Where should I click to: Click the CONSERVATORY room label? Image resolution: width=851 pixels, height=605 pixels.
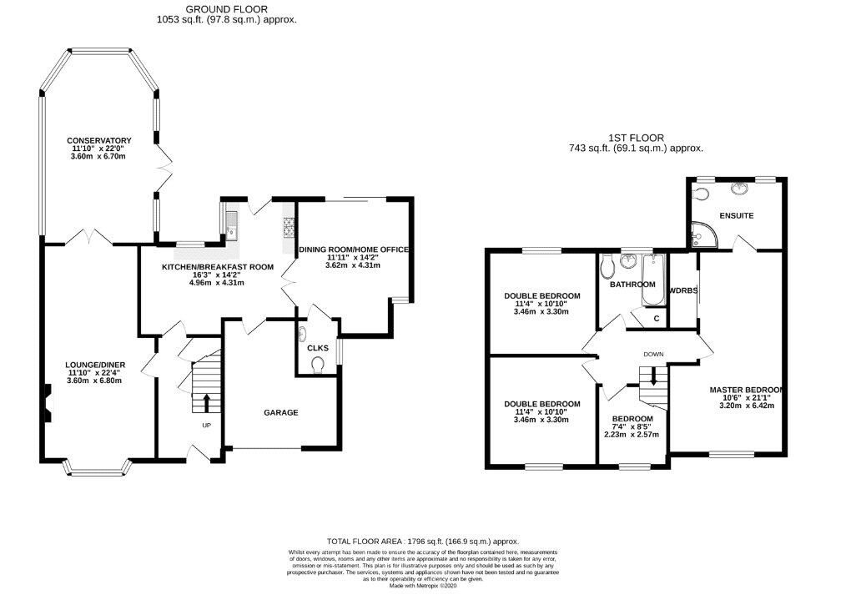click(98, 140)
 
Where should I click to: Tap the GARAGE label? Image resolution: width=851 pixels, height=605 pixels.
click(281, 412)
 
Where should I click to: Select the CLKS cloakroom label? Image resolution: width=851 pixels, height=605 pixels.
click(318, 348)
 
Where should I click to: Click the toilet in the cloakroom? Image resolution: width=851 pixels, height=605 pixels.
click(318, 366)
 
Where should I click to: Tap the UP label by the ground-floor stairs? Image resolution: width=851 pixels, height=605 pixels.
click(206, 426)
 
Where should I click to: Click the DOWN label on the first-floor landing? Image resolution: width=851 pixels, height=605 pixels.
click(653, 355)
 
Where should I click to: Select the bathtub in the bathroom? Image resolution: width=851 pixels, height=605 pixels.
click(652, 280)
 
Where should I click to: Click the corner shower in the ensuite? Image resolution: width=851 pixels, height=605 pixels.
click(704, 234)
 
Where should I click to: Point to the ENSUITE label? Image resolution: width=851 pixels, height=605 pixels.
click(737, 215)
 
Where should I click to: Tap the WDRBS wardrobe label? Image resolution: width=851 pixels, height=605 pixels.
click(683, 290)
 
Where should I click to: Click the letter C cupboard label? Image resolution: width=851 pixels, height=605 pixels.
click(657, 319)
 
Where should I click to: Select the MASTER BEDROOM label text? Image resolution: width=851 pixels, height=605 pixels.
click(746, 390)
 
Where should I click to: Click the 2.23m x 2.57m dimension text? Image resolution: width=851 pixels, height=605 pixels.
click(632, 434)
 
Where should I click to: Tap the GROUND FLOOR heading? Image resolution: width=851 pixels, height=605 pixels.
click(226, 9)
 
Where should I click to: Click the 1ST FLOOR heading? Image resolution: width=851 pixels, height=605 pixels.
click(636, 138)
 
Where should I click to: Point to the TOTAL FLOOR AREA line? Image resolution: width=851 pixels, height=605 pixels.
click(423, 541)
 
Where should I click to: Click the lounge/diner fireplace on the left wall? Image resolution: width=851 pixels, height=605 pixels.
click(47, 403)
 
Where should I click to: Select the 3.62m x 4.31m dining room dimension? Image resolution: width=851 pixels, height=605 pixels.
click(353, 265)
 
